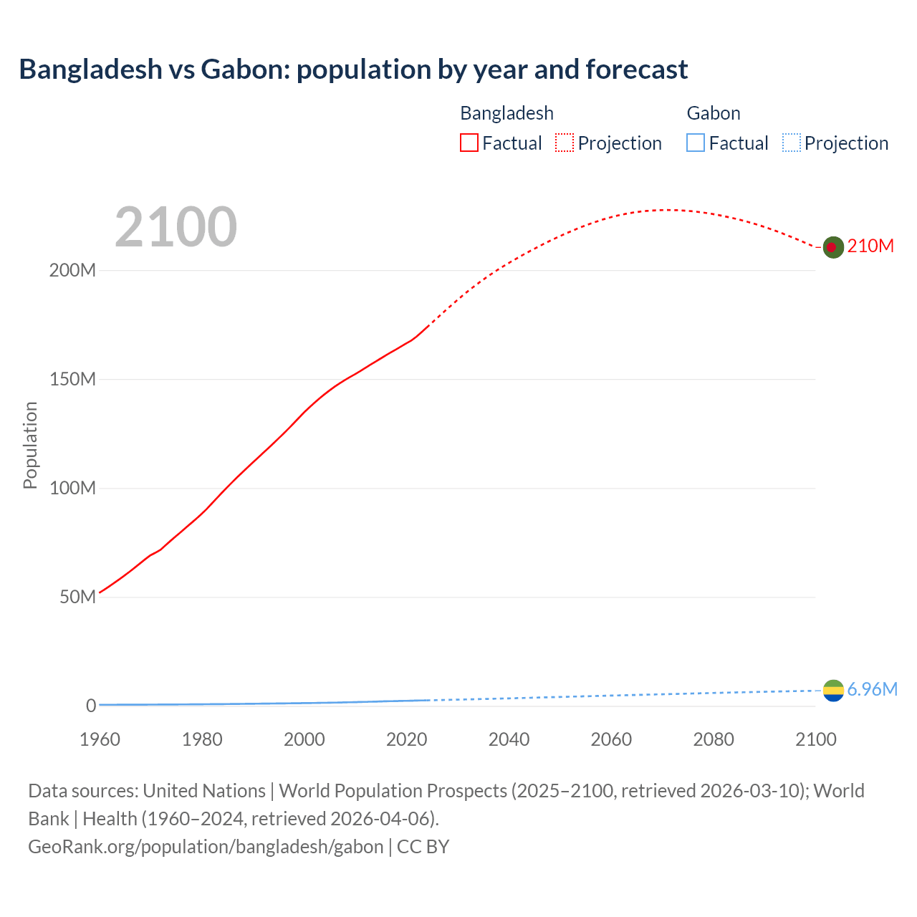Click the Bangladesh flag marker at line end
click(832, 247)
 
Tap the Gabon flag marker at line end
click(833, 691)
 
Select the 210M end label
click(870, 246)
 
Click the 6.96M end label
click(872, 689)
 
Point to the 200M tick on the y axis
click(72, 271)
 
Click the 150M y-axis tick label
click(72, 380)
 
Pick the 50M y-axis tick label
click(77, 597)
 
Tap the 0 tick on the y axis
click(91, 706)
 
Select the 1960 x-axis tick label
click(100, 739)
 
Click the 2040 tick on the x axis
click(509, 739)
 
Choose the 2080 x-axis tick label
click(714, 739)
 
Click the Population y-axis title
click(30, 445)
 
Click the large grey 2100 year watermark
click(176, 226)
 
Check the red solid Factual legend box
click(469, 143)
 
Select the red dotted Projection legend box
click(565, 143)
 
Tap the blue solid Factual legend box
click(696, 143)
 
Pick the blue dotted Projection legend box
click(792, 143)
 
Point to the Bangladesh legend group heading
click(506, 113)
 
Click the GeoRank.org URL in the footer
click(206, 847)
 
